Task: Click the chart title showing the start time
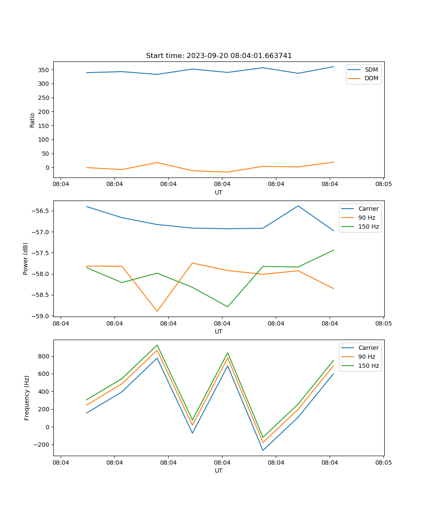pos(219,56)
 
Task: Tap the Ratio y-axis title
pos(32,119)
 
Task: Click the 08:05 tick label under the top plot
pos(383,184)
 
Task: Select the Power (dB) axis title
pos(26,259)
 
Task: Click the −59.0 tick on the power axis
pos(41,316)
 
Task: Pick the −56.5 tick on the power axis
pos(41,211)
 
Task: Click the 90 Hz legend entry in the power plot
pos(366,218)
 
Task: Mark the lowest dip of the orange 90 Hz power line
pos(157,311)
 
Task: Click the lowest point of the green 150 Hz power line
pos(228,307)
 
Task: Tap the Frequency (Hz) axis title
pos(26,398)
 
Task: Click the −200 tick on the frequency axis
pos(41,445)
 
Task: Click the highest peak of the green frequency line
pos(157,345)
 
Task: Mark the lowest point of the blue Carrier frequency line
pos(263,450)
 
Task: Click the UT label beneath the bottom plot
pos(219,471)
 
